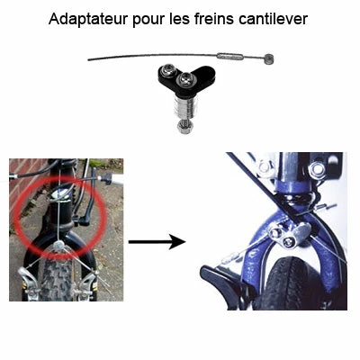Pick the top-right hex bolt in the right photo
[316, 168]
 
